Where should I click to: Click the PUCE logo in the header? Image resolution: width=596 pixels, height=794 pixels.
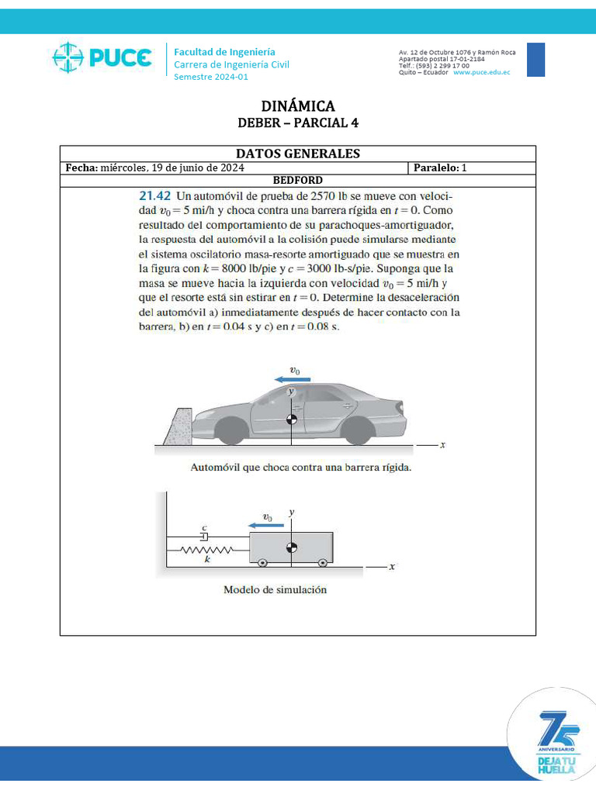click(x=101, y=58)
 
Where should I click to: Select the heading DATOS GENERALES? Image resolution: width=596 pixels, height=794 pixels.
click(x=298, y=154)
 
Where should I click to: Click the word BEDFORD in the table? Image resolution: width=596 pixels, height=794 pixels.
click(x=298, y=180)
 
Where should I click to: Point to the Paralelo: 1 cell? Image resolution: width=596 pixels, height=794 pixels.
click(x=440, y=167)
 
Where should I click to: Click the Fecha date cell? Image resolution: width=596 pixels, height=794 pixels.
click(x=155, y=167)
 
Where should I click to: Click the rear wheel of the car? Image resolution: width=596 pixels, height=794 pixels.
click(x=356, y=430)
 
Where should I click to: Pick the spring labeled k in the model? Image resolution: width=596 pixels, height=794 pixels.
click(x=206, y=550)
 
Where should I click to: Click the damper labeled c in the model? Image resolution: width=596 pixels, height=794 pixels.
click(x=204, y=536)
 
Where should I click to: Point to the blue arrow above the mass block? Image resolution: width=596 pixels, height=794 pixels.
click(x=265, y=525)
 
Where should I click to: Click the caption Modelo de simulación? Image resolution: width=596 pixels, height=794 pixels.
click(x=275, y=589)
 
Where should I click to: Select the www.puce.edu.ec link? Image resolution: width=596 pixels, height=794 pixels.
click(x=481, y=72)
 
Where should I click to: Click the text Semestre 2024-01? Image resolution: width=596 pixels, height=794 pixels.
click(x=211, y=77)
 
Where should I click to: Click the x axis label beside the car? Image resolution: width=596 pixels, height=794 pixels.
click(x=442, y=446)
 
